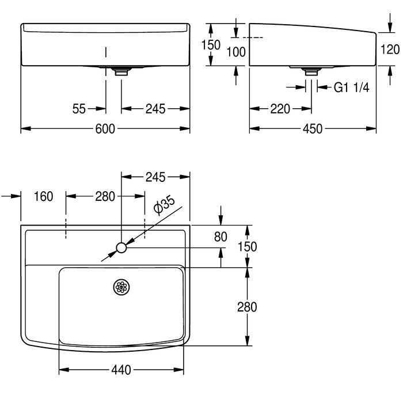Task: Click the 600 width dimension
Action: point(105,129)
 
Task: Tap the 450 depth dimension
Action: point(312,129)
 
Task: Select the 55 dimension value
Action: point(79,109)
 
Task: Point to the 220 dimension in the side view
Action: point(280,109)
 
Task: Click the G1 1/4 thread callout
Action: point(351,88)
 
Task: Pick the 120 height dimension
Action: point(390,50)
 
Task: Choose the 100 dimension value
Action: point(236,52)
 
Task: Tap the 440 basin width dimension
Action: point(121,370)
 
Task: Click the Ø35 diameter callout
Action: point(165,206)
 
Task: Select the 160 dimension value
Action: point(43,196)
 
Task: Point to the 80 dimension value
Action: point(220,237)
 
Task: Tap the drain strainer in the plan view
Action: point(121,287)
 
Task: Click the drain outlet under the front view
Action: point(121,71)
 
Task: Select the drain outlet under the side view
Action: point(311,71)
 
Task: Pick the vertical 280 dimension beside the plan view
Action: point(247,307)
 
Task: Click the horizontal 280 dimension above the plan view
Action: point(105,197)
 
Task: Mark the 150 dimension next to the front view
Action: point(211,45)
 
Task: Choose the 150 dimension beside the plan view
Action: point(247,246)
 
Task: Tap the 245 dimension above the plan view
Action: point(155,177)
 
